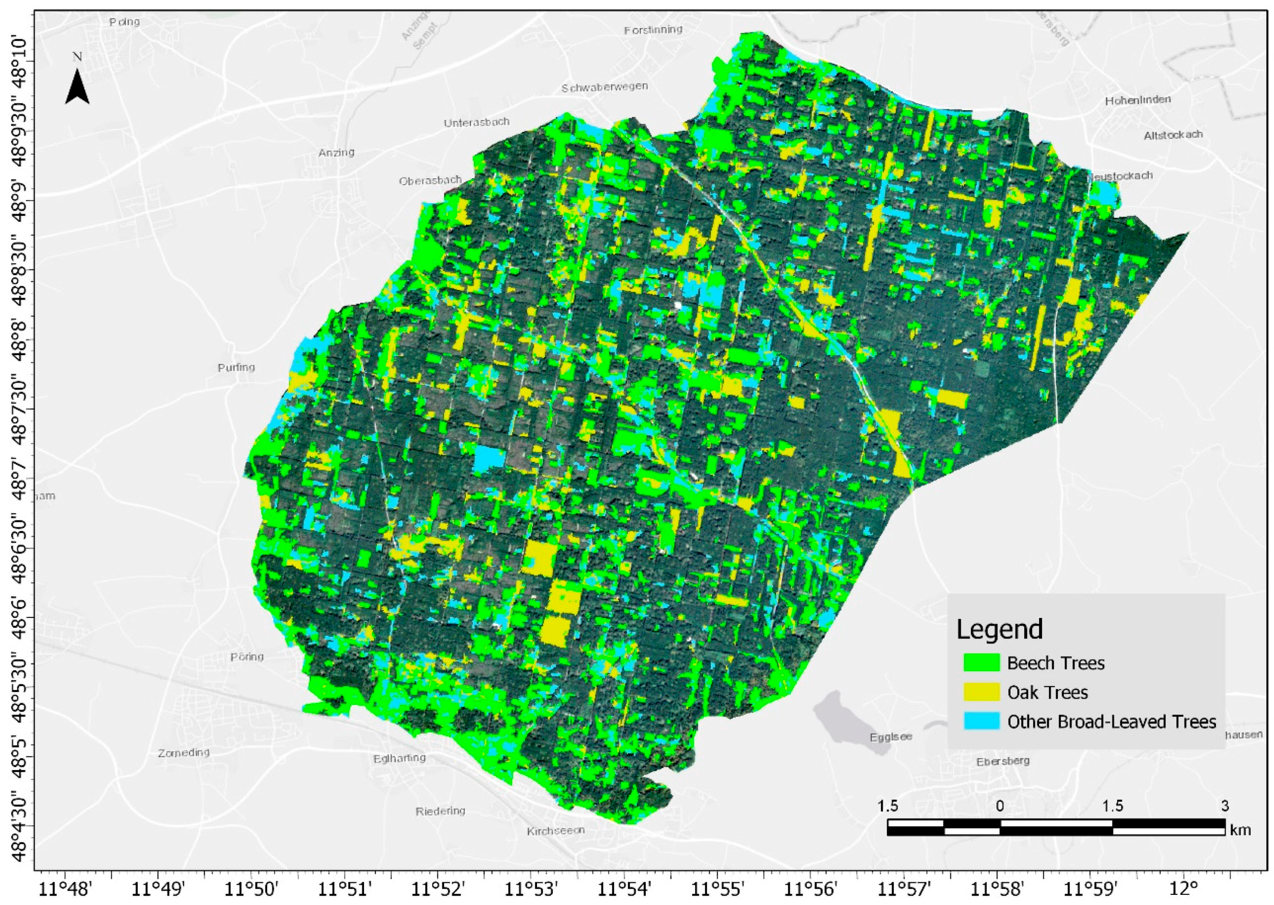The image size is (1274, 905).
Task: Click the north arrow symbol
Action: click(77, 87)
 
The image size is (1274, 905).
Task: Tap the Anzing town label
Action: click(336, 152)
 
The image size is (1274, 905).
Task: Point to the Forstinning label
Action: click(652, 29)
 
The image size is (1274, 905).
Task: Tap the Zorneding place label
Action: click(183, 752)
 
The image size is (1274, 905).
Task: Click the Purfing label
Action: click(236, 367)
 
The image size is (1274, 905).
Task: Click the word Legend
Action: click(999, 629)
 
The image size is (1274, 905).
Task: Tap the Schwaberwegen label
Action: click(605, 87)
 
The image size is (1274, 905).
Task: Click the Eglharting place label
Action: click(399, 758)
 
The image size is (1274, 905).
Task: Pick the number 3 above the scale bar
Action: click(1224, 806)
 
